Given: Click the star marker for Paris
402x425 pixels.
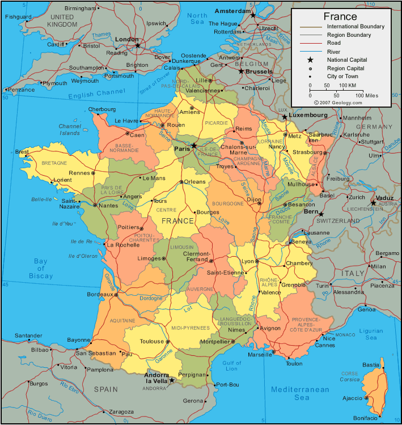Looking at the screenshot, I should click(x=194, y=146).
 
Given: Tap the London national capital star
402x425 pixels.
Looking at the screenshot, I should click(x=137, y=45).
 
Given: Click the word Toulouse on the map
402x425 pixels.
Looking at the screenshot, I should click(x=152, y=342).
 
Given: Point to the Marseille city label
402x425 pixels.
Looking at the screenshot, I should click(x=260, y=355).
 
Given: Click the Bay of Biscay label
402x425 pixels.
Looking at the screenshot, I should click(x=41, y=269).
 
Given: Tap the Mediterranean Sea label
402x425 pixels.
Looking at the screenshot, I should click(x=300, y=393).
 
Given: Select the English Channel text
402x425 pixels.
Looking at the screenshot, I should click(x=97, y=95).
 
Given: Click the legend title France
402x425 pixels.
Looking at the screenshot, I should click(x=340, y=16).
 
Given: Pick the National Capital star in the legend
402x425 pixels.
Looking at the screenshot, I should click(x=310, y=59).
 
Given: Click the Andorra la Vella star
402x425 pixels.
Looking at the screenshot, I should click(x=172, y=381).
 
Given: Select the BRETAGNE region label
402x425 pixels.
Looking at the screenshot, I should click(x=54, y=163).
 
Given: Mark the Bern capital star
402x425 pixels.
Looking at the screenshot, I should click(x=321, y=214).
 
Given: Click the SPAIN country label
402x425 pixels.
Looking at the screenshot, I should click(x=105, y=389).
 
